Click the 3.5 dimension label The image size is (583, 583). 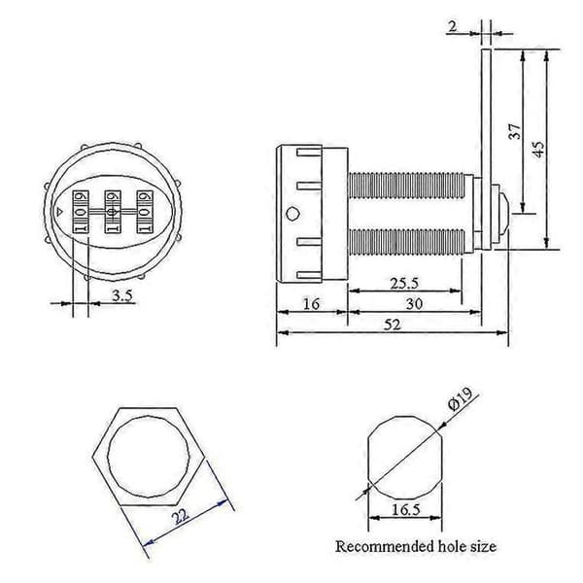tap(122, 296)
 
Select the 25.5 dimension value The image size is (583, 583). tap(404, 284)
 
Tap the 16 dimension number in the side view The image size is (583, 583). tap(311, 304)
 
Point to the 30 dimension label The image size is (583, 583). tap(414, 304)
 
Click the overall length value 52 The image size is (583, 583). tap(393, 325)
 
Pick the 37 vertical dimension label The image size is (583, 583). tap(515, 131)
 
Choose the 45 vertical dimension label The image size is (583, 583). tap(538, 149)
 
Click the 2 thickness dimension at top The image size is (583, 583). tap(453, 26)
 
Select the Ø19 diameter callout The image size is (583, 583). tap(461, 398)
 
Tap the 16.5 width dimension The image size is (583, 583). tap(405, 509)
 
